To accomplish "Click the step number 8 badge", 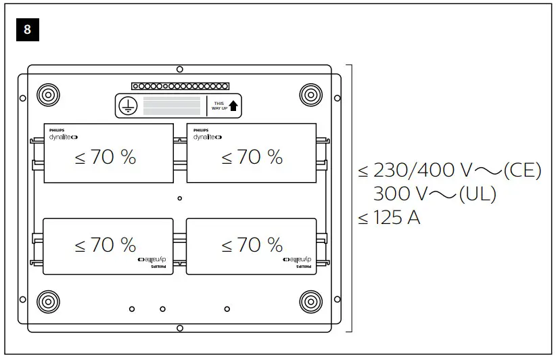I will coord(26,30).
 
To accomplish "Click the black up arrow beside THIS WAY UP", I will coord(233,106).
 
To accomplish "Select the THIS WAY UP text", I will coord(218,106).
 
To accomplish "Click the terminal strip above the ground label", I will coord(179,87).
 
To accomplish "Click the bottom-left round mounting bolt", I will coord(48,300).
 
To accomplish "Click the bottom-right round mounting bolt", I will coord(310,300).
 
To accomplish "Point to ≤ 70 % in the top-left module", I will coord(105,158).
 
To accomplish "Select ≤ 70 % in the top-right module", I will coord(252,158).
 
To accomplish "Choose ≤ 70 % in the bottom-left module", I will coord(105,245).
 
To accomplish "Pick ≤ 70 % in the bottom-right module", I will coord(252,245).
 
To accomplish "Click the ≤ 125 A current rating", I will coord(390,218).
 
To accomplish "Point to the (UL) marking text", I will coord(477,194).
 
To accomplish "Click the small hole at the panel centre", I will coord(179,198).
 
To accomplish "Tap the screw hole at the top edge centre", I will coord(179,69).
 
